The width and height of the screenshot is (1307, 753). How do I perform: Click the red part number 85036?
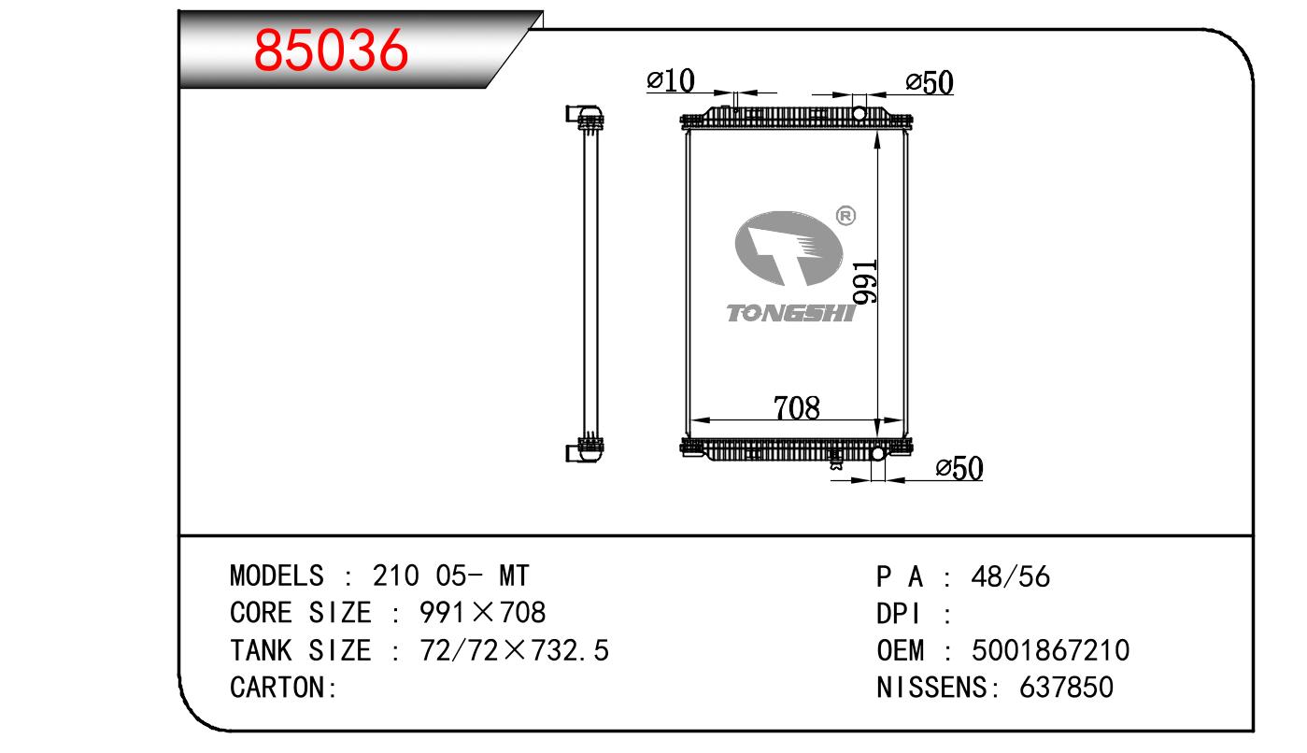click(331, 50)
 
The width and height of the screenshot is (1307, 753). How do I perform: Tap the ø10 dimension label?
click(671, 80)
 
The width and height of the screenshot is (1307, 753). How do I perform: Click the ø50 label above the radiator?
click(930, 82)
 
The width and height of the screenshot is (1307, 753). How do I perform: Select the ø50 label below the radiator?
click(959, 468)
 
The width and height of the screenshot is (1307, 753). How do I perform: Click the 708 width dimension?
click(797, 407)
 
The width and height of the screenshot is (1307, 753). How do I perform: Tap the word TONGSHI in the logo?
click(790, 313)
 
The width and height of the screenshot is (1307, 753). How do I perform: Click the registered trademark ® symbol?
click(846, 216)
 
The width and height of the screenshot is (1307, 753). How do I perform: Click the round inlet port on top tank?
click(859, 114)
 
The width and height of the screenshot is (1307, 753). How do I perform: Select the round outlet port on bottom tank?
click(877, 453)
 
